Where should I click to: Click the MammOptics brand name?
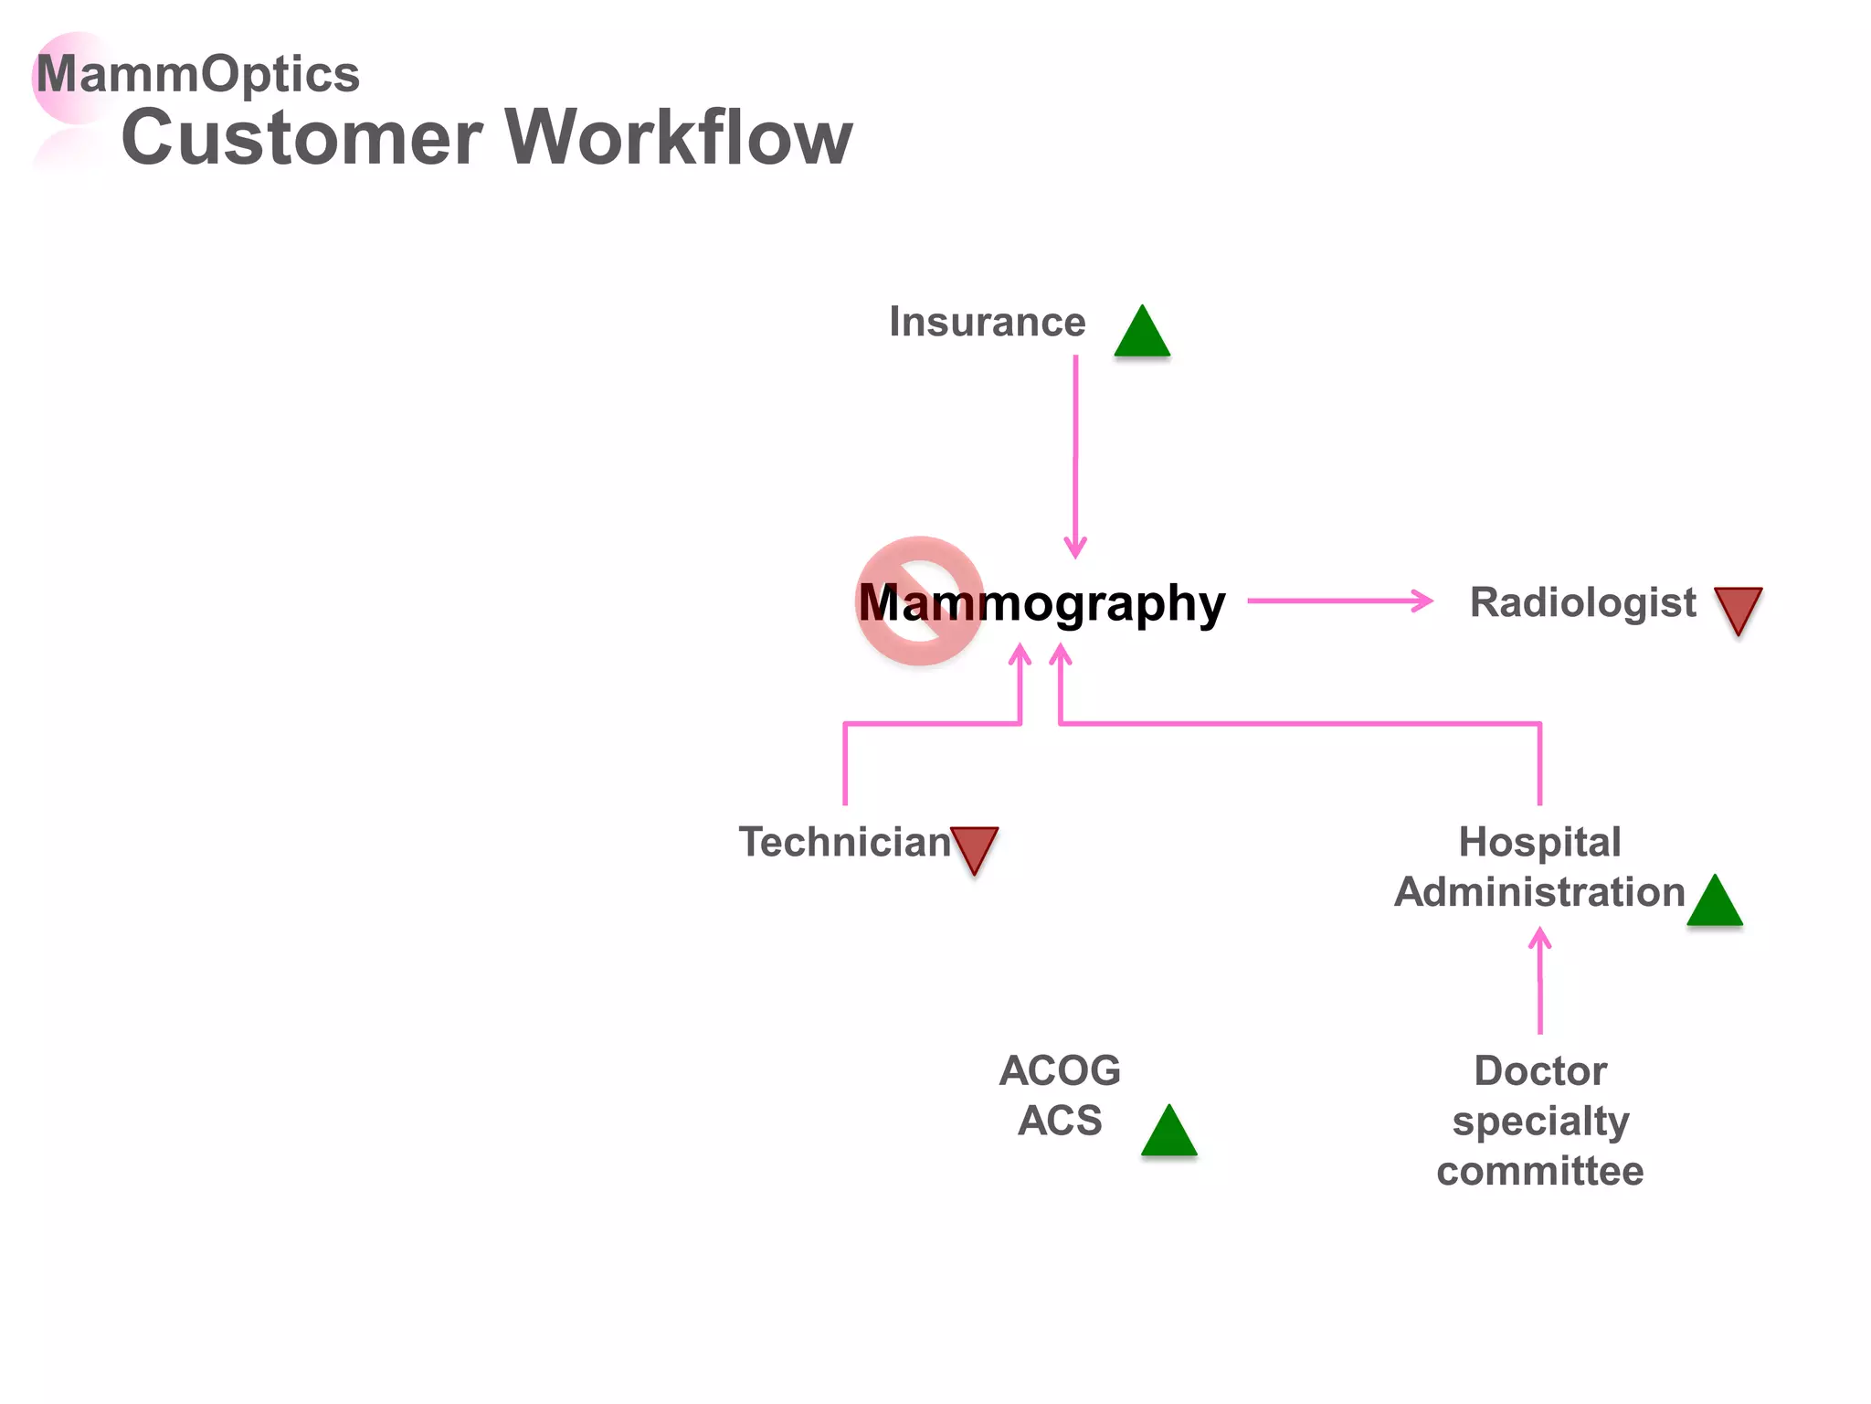tap(197, 74)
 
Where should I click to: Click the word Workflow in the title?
tap(678, 138)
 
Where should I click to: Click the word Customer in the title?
tap(301, 138)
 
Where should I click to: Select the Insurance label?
tap(987, 323)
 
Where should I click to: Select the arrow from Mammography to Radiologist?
tap(1338, 601)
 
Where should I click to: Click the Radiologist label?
tap(1582, 603)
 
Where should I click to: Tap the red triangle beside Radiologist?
tap(1738, 608)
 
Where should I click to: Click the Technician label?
tap(844, 843)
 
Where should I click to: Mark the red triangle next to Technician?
tap(974, 847)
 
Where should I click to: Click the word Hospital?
tap(1539, 843)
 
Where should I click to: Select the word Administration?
tap(1539, 893)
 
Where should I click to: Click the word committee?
tap(1539, 1172)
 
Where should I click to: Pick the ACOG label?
tap(1060, 1071)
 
